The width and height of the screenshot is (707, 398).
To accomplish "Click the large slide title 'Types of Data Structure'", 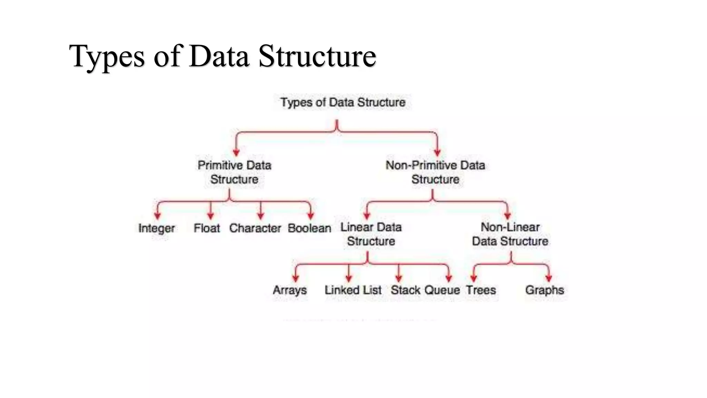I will (x=222, y=56).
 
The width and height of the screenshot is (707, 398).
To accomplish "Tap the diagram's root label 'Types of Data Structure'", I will (x=342, y=102).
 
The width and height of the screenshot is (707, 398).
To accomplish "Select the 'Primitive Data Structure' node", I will (x=234, y=172).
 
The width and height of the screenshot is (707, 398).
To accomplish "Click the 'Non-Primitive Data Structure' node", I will (x=435, y=172).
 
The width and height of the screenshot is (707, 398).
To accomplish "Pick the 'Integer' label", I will (x=156, y=228).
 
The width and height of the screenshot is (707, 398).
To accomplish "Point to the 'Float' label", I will (x=206, y=228).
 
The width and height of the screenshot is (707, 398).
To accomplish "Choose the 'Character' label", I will (x=255, y=228).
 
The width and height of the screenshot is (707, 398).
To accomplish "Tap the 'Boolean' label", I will (x=309, y=228).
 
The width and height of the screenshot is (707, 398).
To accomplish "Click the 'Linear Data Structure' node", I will (x=371, y=234).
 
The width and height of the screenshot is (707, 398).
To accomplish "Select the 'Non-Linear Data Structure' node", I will (x=510, y=234).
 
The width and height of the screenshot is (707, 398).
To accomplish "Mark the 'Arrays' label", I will (x=290, y=290).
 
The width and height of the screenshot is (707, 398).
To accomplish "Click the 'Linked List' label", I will (x=353, y=290).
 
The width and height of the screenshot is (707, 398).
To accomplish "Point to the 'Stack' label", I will (x=405, y=290).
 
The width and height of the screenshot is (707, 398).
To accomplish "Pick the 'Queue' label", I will (x=442, y=290).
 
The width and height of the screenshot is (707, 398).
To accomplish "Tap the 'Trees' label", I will (x=481, y=290).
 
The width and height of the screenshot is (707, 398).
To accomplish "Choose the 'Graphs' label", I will (x=544, y=290).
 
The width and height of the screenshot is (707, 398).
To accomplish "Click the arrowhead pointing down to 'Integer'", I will (x=157, y=216).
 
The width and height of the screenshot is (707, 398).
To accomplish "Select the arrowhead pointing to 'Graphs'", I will (x=549, y=278).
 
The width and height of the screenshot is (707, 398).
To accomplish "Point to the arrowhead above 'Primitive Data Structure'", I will (x=236, y=152).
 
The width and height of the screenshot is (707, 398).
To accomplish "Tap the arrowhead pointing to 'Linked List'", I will (x=349, y=278).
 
